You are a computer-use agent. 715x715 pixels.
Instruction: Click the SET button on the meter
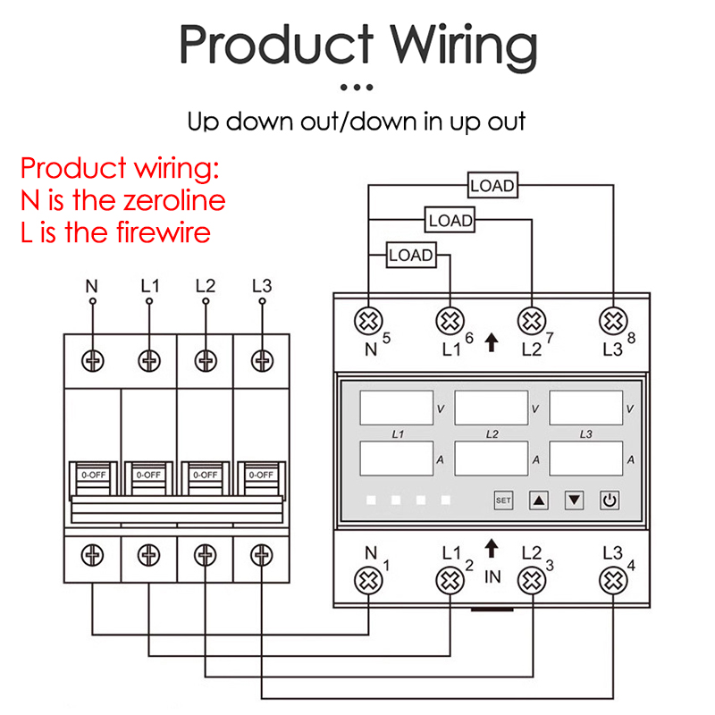[503, 500]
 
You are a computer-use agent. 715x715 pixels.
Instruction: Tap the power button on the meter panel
[610, 500]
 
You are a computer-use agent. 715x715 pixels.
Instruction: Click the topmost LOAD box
[493, 185]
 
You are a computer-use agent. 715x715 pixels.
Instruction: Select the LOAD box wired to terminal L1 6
[411, 255]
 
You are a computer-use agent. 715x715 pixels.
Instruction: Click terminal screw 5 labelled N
[368, 321]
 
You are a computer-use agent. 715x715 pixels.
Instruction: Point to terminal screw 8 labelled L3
[613, 321]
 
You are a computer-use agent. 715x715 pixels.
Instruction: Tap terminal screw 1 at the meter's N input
[368, 580]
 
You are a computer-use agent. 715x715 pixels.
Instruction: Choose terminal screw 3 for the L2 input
[532, 580]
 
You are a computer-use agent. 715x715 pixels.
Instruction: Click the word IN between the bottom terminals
[492, 576]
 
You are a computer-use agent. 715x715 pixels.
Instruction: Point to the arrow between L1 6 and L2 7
[491, 342]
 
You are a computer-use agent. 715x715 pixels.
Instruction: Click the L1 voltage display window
[396, 408]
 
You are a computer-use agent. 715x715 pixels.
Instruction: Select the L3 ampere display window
[586, 458]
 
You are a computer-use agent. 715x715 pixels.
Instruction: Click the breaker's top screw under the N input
[93, 361]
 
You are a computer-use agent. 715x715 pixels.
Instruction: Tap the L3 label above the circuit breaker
[262, 286]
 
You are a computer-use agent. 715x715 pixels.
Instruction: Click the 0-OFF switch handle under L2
[206, 478]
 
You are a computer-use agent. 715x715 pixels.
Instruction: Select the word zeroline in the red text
[174, 200]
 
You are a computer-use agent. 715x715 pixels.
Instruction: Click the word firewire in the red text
[164, 232]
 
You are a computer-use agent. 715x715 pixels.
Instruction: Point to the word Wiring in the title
[464, 46]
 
